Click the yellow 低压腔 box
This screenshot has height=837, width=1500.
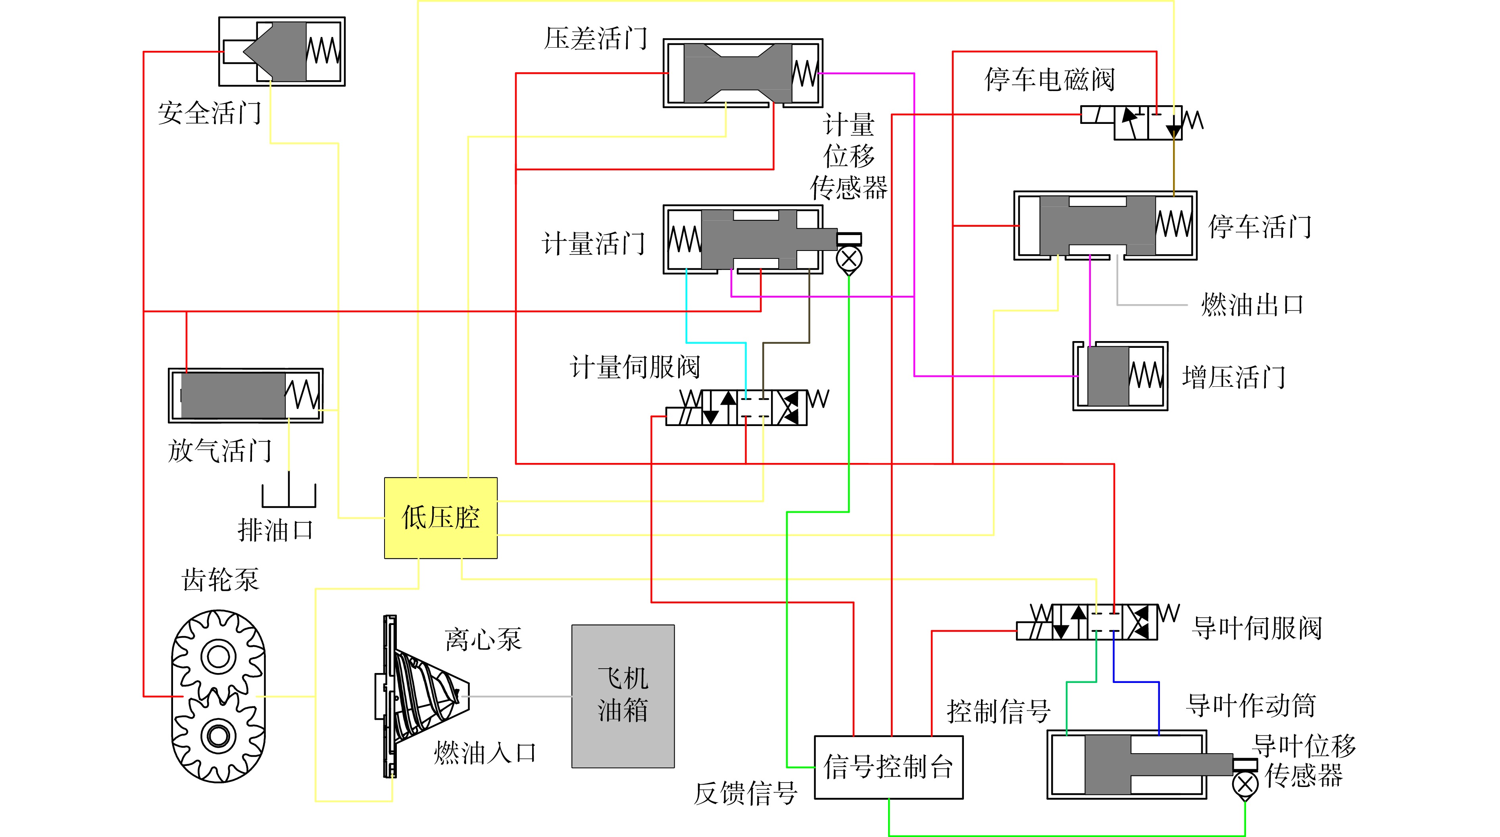pos(441,518)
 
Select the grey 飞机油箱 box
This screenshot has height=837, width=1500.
pos(623,696)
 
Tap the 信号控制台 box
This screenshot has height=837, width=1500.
pos(888,767)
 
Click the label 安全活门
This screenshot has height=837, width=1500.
pos(210,113)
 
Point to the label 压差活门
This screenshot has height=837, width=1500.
pos(596,39)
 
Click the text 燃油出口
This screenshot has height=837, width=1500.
pos(1252,305)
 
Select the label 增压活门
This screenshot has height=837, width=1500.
pos(1234,377)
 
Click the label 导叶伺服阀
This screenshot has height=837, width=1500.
pos(1257,628)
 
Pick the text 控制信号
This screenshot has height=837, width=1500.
pos(999,711)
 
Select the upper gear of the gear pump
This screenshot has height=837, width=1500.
pos(218,656)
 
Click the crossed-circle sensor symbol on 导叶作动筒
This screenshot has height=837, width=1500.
pos(1245,785)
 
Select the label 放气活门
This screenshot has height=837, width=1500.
pos(220,451)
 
